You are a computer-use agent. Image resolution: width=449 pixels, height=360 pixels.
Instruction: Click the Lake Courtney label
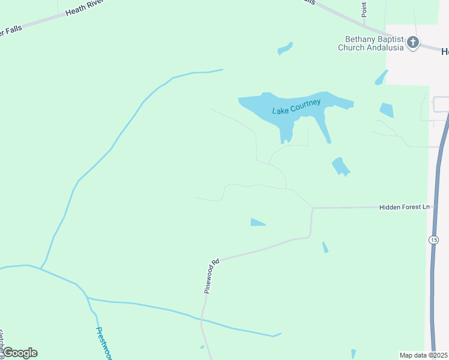[297, 106]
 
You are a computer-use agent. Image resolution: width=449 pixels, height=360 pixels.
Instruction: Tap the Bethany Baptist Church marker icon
[412, 43]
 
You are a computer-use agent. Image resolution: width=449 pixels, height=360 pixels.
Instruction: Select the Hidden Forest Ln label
[405, 207]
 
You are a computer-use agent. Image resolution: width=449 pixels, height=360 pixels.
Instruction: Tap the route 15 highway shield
[433, 239]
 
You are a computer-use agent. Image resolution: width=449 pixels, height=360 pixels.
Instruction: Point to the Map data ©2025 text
[424, 355]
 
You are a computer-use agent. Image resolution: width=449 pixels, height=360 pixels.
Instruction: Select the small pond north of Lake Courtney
[285, 48]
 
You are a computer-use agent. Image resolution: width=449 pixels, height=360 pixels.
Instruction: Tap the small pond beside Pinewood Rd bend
[258, 223]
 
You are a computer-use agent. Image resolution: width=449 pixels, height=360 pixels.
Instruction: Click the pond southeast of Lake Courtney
[340, 166]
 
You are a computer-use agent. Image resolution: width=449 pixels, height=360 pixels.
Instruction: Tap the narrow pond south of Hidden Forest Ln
[325, 247]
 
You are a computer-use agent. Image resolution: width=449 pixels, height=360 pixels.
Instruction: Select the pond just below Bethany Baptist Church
[381, 77]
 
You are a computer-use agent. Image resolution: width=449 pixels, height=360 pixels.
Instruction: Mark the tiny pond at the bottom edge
[353, 354]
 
